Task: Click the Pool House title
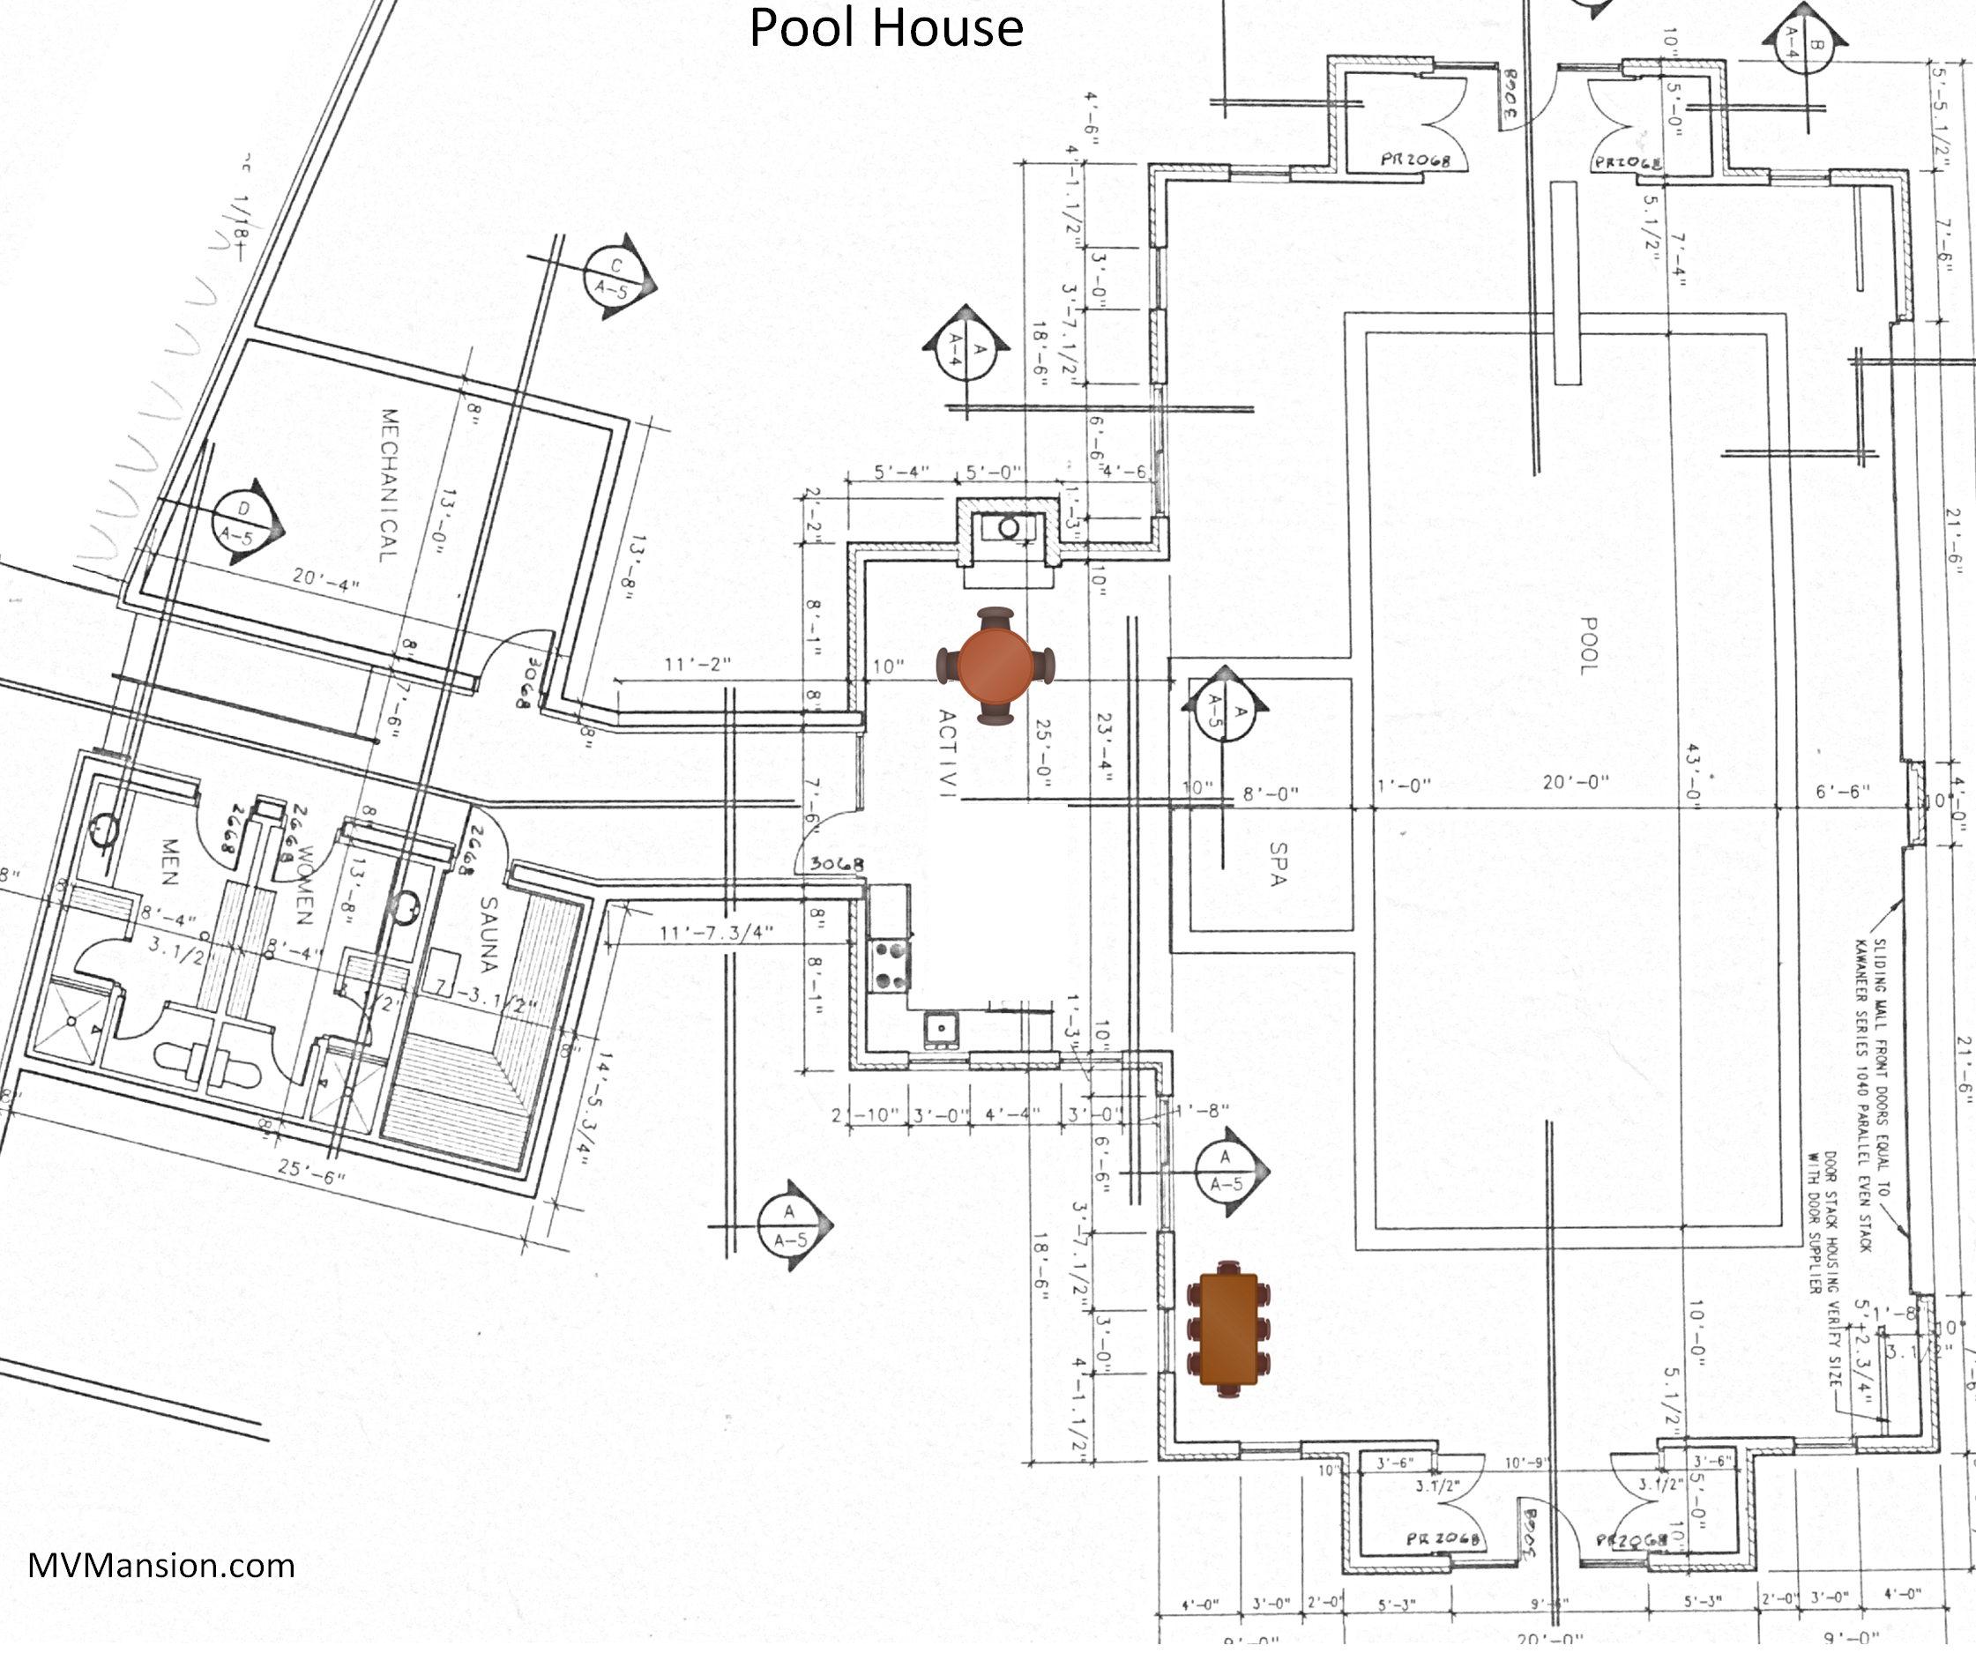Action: (885, 28)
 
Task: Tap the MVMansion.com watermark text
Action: (160, 1565)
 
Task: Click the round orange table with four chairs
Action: (995, 665)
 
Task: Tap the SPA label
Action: (1277, 863)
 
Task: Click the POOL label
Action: (1588, 645)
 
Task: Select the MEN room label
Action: (169, 862)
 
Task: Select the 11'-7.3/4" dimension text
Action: (716, 933)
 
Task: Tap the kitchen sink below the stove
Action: (940, 1027)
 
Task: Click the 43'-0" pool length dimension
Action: (1693, 771)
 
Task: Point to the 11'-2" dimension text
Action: (697, 664)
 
